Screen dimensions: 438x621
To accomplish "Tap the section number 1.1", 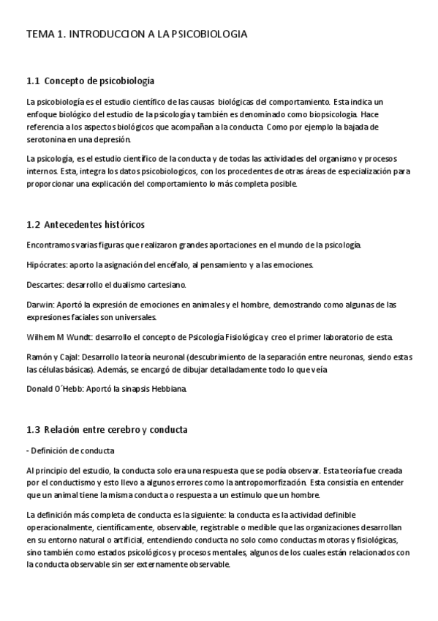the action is (x=33, y=80).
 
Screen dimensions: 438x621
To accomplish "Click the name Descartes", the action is (x=45, y=283).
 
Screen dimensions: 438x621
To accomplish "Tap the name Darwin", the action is (x=39, y=304).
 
